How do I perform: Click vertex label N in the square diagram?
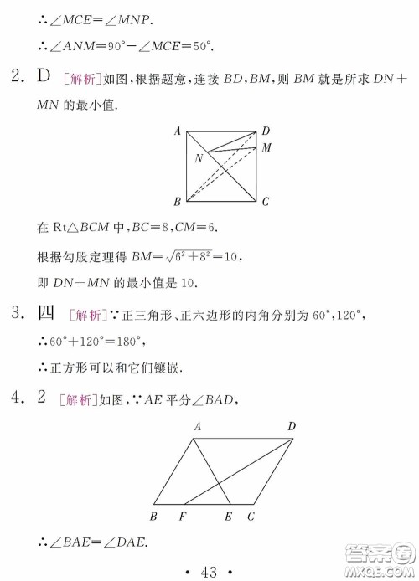coord(199,158)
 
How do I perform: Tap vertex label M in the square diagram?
coord(266,147)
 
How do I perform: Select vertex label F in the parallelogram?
coord(183,516)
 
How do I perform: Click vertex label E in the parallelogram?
coord(228,516)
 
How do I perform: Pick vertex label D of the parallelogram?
coord(292,427)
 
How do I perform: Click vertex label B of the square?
coord(178,202)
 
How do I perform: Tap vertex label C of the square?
coord(265,202)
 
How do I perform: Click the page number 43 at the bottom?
coord(209,573)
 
